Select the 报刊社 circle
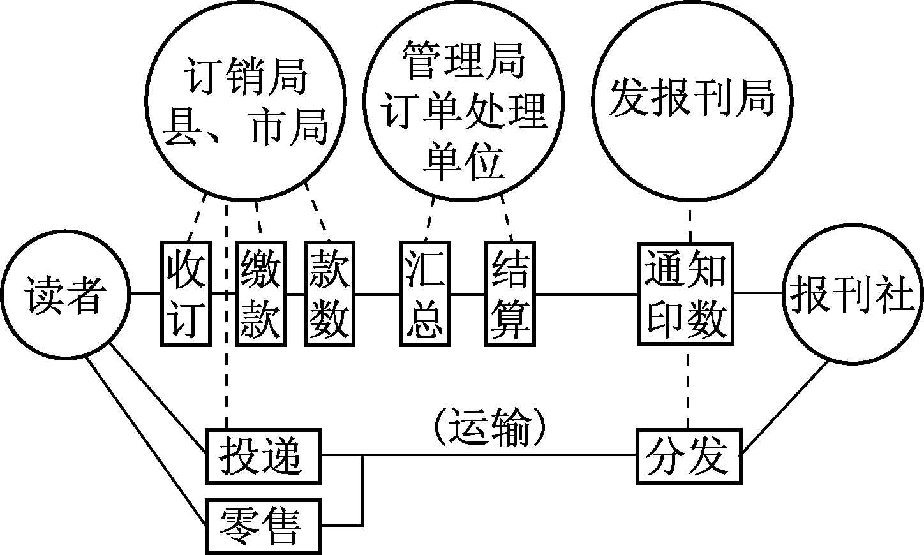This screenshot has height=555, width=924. point(852,295)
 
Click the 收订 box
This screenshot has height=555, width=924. point(186,294)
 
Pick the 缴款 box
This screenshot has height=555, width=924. point(260,294)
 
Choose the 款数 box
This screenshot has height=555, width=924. point(329,294)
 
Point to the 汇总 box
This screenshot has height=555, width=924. point(425,294)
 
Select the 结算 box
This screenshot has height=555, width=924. point(510,294)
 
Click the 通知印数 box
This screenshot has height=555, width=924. point(686,294)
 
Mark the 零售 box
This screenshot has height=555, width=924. point(262,526)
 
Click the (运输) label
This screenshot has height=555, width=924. point(490,429)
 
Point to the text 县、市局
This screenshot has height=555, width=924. point(245,126)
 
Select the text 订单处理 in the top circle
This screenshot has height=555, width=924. point(464,111)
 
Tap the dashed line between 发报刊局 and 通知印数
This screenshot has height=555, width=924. point(689,220)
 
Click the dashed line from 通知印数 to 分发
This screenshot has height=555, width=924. point(688,387)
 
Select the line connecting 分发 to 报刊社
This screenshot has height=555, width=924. point(786,409)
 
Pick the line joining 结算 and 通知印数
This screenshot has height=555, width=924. point(587,294)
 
